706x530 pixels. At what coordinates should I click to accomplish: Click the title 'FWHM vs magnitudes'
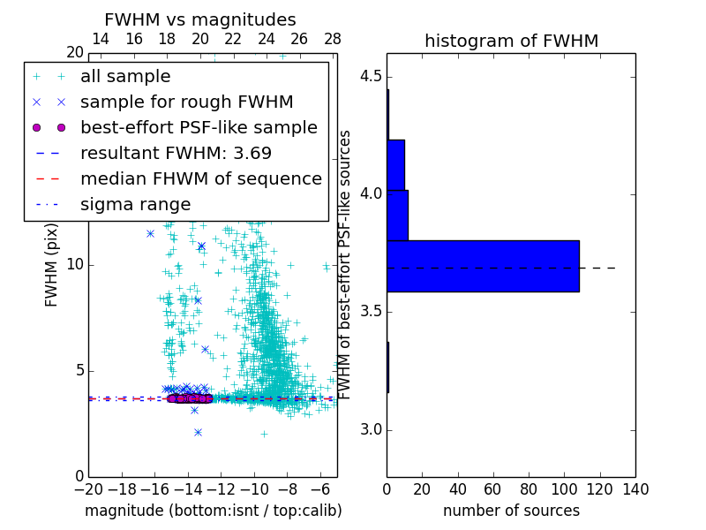coord(199,19)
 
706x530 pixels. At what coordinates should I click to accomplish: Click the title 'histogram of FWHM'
coord(511,41)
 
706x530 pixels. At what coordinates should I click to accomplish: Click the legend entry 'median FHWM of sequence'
coord(200,178)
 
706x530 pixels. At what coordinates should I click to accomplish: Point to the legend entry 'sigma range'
coord(135,204)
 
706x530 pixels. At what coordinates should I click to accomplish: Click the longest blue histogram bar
coord(483,266)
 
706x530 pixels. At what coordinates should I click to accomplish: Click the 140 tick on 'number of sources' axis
coord(635,489)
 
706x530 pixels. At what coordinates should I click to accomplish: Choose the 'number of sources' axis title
coord(511,511)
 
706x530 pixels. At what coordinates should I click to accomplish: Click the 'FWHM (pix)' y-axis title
coord(52,265)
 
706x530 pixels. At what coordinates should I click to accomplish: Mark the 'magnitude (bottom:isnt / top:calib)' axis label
coord(213,511)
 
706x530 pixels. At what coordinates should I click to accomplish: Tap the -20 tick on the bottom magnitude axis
coord(88,489)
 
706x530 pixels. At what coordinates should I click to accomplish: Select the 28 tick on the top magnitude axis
coord(333,39)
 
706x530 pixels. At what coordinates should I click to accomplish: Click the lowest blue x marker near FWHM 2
coord(198,432)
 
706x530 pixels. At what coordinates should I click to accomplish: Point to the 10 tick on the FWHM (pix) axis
coord(74,265)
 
